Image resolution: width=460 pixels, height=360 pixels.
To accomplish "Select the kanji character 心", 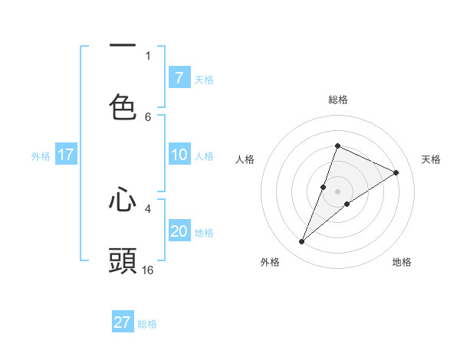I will (x=123, y=201).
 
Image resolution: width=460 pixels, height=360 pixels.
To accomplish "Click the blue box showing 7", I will (x=179, y=78).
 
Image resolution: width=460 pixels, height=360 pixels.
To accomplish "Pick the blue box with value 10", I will (x=179, y=155).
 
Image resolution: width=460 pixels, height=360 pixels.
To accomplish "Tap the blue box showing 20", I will (x=179, y=231).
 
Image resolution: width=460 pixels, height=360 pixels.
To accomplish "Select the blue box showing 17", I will (x=66, y=155).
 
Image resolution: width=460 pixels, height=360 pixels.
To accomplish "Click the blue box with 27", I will (x=123, y=322).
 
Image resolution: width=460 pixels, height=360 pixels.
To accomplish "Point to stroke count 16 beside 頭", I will (x=148, y=270).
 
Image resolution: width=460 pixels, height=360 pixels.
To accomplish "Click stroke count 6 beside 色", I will (x=148, y=116).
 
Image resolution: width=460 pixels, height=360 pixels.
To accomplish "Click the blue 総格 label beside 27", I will (x=147, y=323).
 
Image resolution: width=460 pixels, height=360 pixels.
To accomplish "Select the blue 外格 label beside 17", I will (x=41, y=155).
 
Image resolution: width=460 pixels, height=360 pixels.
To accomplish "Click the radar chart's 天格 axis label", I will (x=432, y=159).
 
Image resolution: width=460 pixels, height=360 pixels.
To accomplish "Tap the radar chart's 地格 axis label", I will (x=402, y=262).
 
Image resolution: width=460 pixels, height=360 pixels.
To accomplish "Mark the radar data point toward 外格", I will (x=302, y=242).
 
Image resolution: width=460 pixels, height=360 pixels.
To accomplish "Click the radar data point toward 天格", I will (x=396, y=173).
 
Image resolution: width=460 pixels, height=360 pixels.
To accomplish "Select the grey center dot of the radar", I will (x=338, y=191).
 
